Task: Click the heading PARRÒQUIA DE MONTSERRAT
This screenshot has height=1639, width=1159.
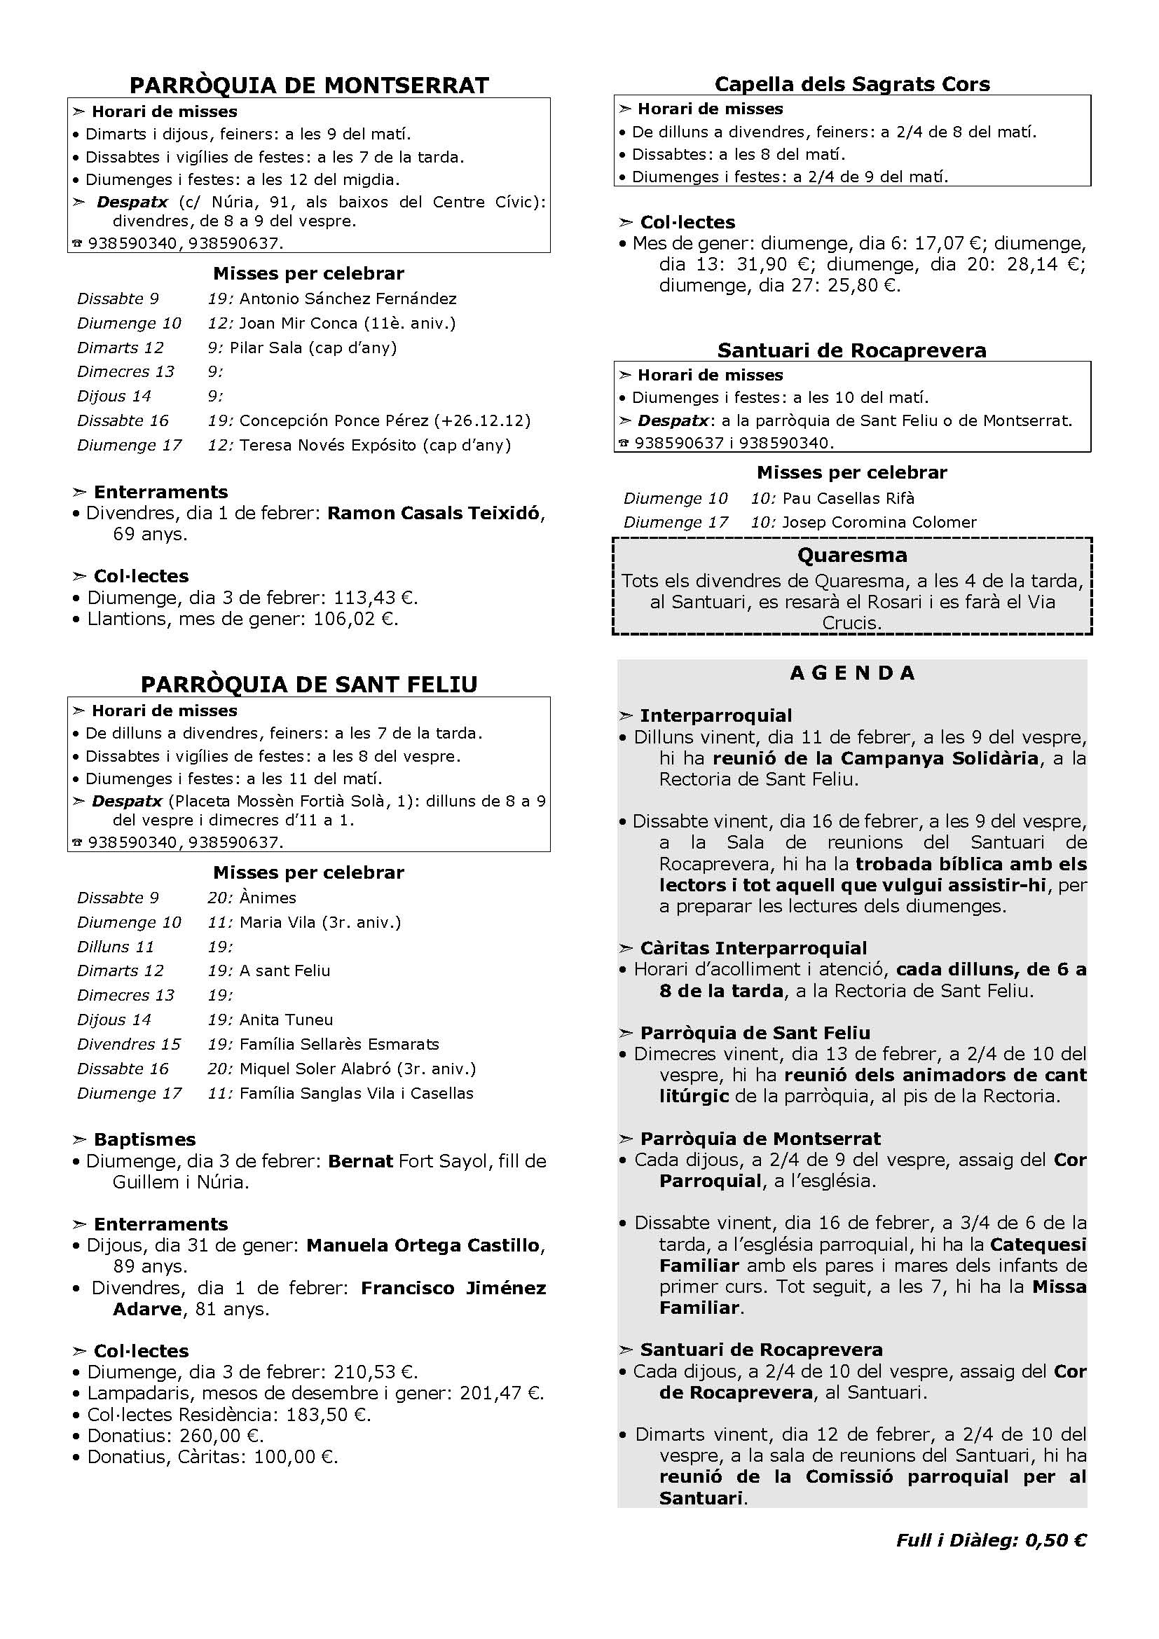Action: coord(309,85)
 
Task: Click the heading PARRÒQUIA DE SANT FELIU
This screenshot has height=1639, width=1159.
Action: coord(309,684)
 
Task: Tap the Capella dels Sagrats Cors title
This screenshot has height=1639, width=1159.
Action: coord(852,84)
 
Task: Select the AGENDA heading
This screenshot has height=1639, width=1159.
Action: coord(852,673)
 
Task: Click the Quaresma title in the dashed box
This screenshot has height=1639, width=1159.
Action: coord(852,555)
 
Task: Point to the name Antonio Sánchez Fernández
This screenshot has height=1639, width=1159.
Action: coord(348,299)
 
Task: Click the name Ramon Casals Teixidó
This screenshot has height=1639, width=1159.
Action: coord(433,513)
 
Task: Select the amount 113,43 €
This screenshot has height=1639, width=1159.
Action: coord(376,598)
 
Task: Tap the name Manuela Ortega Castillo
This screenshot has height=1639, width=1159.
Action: coord(423,1245)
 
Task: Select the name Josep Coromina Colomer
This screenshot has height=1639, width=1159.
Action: coord(879,522)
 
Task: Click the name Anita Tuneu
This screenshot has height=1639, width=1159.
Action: coord(286,1020)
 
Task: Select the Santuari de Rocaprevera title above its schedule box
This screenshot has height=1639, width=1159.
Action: coord(852,350)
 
